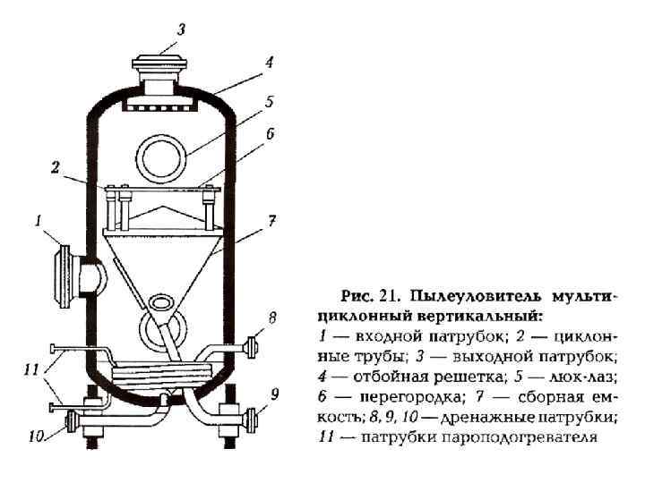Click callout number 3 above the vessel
(181, 30)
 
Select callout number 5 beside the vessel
(269, 101)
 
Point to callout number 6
(270, 134)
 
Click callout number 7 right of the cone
(271, 218)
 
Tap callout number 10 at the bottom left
(35, 437)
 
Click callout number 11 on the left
(31, 369)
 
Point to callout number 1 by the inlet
(38, 219)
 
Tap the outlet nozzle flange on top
(161, 64)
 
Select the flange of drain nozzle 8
(252, 345)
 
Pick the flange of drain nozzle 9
(251, 419)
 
